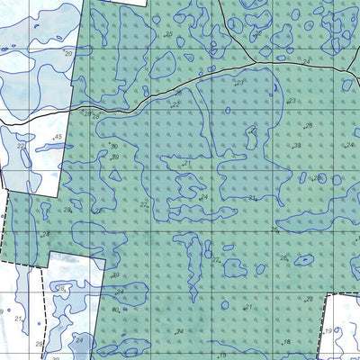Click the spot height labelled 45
58,137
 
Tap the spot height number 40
115,310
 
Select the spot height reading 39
115,275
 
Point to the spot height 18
287,343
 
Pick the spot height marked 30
114,146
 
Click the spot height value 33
297,146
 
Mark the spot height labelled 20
68,53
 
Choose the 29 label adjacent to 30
115,157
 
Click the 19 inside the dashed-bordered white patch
329,331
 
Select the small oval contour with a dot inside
303,261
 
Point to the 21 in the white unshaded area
18,319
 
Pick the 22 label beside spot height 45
20,146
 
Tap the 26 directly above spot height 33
308,126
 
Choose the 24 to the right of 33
349,145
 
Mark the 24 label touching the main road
307,62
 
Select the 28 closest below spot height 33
317,178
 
